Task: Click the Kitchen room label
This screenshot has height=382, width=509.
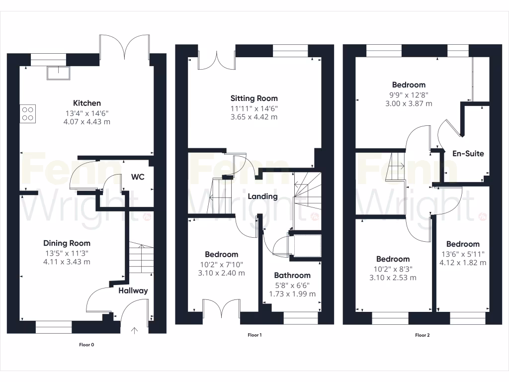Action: [x=87, y=103]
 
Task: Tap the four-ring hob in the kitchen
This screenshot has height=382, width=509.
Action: [x=28, y=114]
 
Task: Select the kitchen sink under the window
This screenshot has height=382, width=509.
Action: [x=58, y=73]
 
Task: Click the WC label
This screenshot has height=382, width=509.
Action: [x=138, y=177]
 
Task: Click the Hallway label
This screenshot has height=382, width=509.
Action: [x=133, y=290]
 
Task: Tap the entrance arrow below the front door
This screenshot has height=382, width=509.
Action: [x=134, y=329]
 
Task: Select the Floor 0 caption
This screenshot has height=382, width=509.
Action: [x=86, y=344]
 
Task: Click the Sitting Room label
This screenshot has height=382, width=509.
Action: [x=254, y=98]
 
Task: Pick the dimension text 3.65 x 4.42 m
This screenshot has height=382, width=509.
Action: [x=254, y=117]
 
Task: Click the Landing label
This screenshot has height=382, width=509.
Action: [x=262, y=196]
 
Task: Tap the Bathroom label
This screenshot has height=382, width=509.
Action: [x=292, y=275]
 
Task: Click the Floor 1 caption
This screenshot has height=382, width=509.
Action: [x=254, y=335]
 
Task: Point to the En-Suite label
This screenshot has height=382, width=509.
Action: [x=468, y=154]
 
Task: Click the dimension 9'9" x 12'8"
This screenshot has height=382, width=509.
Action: [x=409, y=95]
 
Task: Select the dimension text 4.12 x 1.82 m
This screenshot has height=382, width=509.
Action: [x=463, y=262]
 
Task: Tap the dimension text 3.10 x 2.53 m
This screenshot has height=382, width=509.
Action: [x=393, y=278]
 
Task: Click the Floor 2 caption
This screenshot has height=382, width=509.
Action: [x=422, y=335]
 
